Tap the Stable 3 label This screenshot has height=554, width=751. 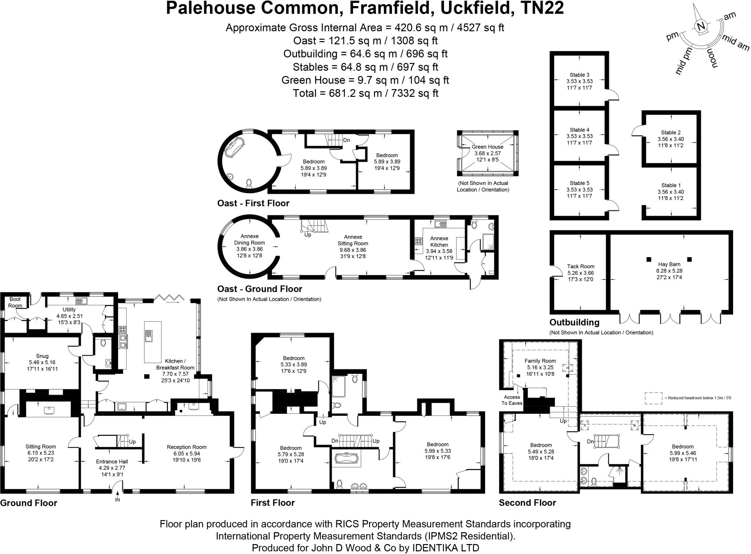(x=579, y=75)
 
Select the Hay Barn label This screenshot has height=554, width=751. (x=669, y=264)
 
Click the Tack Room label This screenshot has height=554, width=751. (x=580, y=267)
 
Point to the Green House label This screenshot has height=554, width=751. (x=487, y=147)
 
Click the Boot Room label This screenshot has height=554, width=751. (x=15, y=303)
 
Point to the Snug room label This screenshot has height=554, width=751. (x=42, y=356)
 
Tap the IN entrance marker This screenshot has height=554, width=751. (x=117, y=500)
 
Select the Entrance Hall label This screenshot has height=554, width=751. (x=112, y=462)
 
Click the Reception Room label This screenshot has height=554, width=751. (x=187, y=447)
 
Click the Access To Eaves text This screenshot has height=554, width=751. (x=512, y=400)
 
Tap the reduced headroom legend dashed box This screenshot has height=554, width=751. (x=653, y=398)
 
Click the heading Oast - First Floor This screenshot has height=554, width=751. (x=253, y=203)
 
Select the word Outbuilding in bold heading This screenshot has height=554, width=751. (x=574, y=322)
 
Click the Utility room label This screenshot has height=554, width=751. (x=69, y=310)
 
